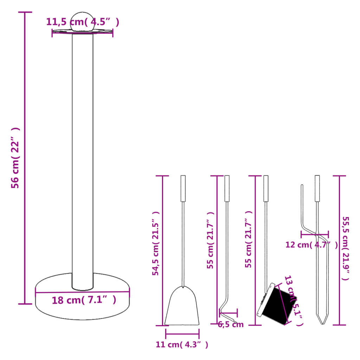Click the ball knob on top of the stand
(x=83, y=22)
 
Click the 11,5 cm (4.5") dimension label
(x=82, y=22)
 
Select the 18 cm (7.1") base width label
(x=84, y=300)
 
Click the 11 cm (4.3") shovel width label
(x=182, y=345)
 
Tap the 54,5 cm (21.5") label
(x=156, y=243)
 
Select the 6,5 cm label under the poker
(x=231, y=324)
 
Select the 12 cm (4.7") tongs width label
(x=311, y=245)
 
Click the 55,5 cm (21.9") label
(x=346, y=247)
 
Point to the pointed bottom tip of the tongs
(x=323, y=322)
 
